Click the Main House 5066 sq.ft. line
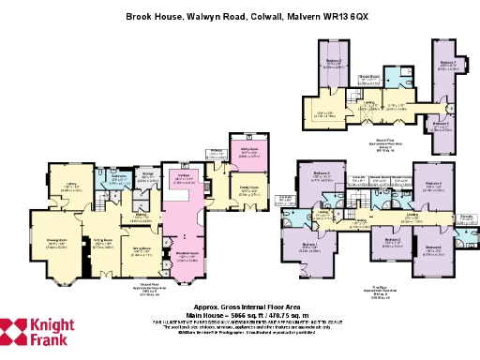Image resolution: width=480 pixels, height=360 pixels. coord(246,314)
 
